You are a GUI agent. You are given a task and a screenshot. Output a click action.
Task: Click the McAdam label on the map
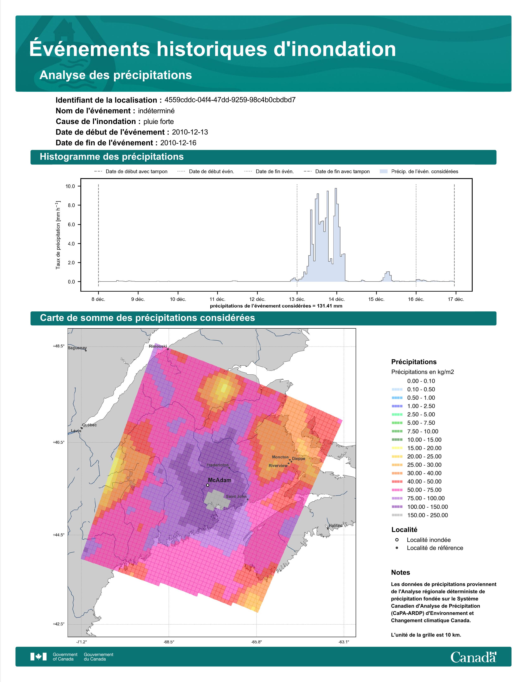point(219,480)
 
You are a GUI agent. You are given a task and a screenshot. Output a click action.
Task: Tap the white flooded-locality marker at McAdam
point(208,485)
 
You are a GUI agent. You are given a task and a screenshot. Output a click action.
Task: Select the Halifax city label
point(335,526)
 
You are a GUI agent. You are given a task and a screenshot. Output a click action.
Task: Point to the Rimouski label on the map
point(158,346)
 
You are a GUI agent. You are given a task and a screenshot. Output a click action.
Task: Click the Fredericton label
point(218,465)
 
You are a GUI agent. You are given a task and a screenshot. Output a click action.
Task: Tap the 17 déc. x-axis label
point(456,299)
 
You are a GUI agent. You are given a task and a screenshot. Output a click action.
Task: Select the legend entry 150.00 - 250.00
point(427,515)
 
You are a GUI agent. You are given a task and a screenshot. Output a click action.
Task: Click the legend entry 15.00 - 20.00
point(424,448)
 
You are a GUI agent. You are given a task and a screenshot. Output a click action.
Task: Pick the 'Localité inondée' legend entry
point(429,540)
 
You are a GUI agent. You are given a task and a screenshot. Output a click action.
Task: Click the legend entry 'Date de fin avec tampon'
point(342,172)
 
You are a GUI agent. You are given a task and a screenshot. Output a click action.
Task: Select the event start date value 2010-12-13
point(190,132)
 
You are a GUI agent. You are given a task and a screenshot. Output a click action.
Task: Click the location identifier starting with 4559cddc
point(230,100)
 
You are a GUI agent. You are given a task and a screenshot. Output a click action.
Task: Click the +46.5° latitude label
point(59,442)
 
